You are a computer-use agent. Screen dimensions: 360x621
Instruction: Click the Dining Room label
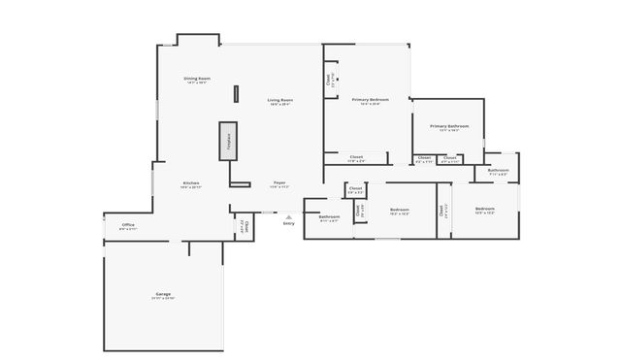coord(198,78)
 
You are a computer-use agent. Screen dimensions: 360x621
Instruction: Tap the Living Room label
coord(280,100)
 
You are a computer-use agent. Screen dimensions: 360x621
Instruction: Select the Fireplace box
coord(228,141)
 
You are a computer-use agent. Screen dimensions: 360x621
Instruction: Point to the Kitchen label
coord(191,182)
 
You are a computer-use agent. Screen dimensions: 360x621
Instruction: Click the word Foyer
coord(278,182)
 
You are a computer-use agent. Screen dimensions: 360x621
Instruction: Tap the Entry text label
coord(288,223)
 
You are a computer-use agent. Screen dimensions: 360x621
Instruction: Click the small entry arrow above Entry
coord(288,216)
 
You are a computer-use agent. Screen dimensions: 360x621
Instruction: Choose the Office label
coord(128,224)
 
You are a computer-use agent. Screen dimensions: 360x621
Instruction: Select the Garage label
coord(163,293)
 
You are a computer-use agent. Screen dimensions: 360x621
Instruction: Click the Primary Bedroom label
coord(372,100)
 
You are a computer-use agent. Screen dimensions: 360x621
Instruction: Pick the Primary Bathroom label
coord(449,126)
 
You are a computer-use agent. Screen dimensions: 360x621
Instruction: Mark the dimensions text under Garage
coord(163,298)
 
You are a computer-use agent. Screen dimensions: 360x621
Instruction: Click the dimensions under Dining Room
coord(198,82)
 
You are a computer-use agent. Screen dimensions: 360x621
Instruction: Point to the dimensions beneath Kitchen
coord(191,187)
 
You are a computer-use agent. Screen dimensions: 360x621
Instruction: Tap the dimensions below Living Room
coord(280,105)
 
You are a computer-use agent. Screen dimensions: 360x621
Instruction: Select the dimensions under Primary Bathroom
coord(449,131)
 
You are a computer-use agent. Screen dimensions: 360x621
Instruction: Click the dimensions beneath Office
coord(128,229)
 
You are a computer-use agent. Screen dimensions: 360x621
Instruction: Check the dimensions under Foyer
coord(278,187)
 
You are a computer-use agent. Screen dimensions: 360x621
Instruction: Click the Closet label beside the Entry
coord(246,227)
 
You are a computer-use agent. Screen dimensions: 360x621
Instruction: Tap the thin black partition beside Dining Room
coord(235,94)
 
